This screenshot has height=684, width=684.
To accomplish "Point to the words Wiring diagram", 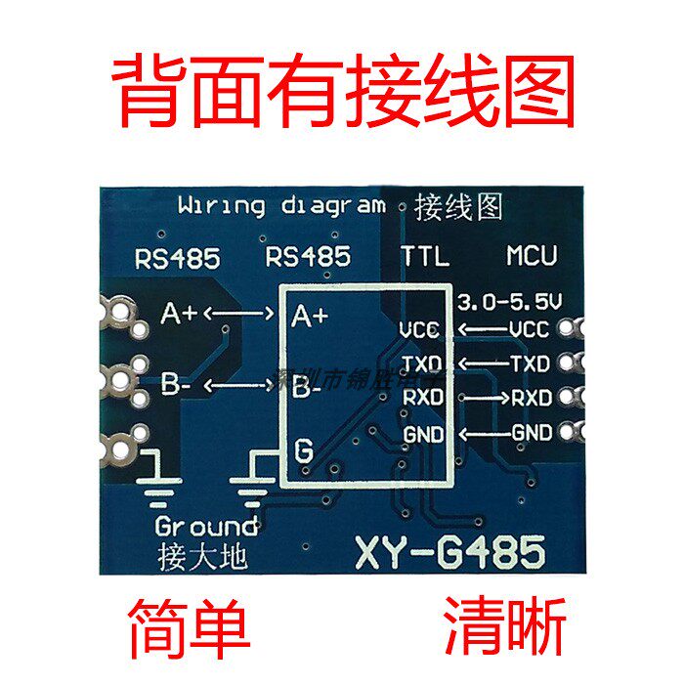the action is [x=281, y=206].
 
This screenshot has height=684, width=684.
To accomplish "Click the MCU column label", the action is [x=532, y=257].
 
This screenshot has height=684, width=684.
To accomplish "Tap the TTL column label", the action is [x=425, y=257].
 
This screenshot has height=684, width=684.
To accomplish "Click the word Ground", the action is [x=206, y=526].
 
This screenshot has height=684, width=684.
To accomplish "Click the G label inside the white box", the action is [x=304, y=451].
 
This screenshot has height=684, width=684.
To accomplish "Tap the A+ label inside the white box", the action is [x=310, y=316].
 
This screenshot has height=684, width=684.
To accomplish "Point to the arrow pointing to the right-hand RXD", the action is [x=482, y=398].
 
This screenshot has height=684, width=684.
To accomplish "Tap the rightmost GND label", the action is [x=531, y=432].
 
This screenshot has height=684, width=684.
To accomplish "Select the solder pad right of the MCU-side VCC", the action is [x=571, y=329].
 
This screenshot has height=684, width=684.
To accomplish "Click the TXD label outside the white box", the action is [x=531, y=364].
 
